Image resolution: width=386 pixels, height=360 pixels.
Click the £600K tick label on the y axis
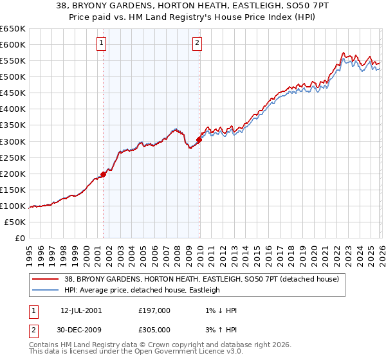tap(13, 44)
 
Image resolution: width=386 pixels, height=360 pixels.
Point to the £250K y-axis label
tap(13, 157)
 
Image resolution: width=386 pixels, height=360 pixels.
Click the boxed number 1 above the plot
tap(102, 44)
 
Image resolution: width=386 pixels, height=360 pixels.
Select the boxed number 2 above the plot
tap(197, 44)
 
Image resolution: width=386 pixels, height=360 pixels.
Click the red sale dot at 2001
tap(103, 174)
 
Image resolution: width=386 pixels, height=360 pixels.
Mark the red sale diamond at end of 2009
tap(199, 139)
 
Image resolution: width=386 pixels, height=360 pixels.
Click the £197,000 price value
tap(154, 310)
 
